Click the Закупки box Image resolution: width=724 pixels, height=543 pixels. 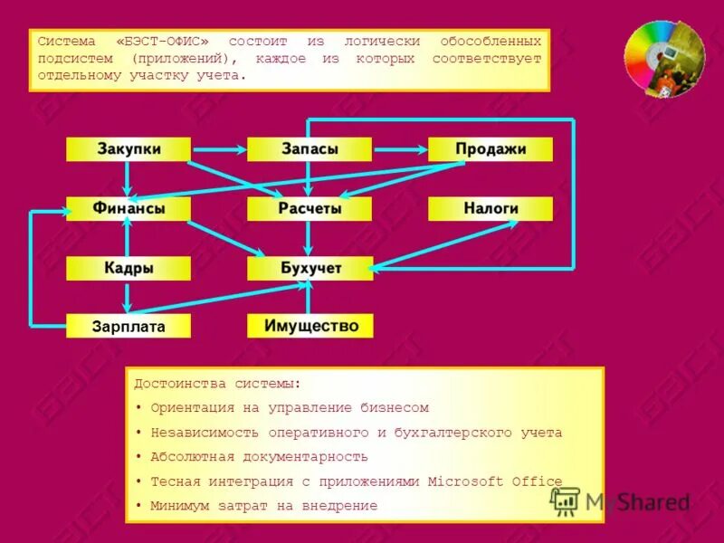tap(129, 149)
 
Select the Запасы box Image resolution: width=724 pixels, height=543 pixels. tap(309, 149)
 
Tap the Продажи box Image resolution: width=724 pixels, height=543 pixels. tap(490, 149)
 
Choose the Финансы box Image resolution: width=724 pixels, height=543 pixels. tap(129, 209)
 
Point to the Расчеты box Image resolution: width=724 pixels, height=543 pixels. tap(309, 209)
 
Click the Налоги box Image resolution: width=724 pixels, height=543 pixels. tap(490, 209)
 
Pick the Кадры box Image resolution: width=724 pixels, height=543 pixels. tap(129, 269)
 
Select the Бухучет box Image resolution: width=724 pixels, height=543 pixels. tap(309, 269)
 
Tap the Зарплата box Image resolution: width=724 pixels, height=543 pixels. tap(129, 326)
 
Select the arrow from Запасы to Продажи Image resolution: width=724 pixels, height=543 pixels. tap(399, 149)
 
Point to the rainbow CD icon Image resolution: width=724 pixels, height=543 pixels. tap(663, 60)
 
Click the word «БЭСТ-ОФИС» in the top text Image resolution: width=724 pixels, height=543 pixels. tap(168, 42)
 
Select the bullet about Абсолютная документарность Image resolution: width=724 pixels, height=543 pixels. tap(259, 456)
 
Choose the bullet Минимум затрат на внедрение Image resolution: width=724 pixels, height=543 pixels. tap(263, 505)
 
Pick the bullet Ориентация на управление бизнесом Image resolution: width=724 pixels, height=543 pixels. tap(289, 407)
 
